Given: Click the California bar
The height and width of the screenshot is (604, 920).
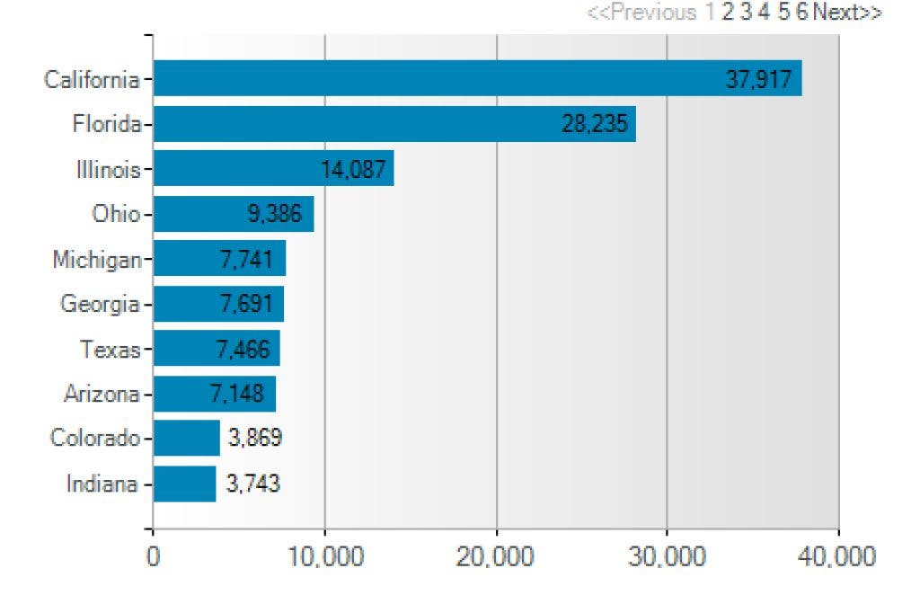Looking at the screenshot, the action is (478, 78).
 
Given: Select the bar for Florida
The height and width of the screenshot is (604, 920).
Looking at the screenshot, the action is (395, 124).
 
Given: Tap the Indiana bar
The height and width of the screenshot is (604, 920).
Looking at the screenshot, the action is (185, 484).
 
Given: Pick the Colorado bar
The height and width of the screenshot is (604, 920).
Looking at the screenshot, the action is (187, 438).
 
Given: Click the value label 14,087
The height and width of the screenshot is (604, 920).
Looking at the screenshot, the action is (353, 170).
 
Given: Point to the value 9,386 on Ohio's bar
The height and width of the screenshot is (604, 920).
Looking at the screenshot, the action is (275, 214).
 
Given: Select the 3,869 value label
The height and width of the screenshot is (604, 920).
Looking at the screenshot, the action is (255, 438).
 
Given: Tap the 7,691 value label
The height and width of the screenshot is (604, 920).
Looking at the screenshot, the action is (246, 304).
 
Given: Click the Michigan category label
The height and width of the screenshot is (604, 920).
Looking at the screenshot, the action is (97, 260).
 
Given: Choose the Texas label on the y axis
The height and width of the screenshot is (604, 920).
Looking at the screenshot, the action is (111, 350).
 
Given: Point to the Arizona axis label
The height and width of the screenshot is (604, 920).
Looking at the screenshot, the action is (102, 394).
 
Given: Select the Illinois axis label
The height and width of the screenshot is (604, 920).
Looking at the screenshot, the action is (109, 170).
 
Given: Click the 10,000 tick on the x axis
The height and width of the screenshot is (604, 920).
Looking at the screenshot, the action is (325, 556).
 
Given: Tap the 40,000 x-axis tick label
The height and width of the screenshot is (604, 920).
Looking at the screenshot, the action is (836, 556).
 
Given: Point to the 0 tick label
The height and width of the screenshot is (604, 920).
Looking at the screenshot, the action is (153, 556).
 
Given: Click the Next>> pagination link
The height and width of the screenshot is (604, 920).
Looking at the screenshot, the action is (847, 12).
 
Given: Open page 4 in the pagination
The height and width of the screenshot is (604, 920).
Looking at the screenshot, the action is (764, 12).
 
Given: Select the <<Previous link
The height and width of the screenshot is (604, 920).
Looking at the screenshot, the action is (641, 12).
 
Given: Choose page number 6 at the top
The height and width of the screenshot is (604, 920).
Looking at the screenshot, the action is (801, 12).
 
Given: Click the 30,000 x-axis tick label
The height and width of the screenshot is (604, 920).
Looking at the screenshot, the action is (668, 556).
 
